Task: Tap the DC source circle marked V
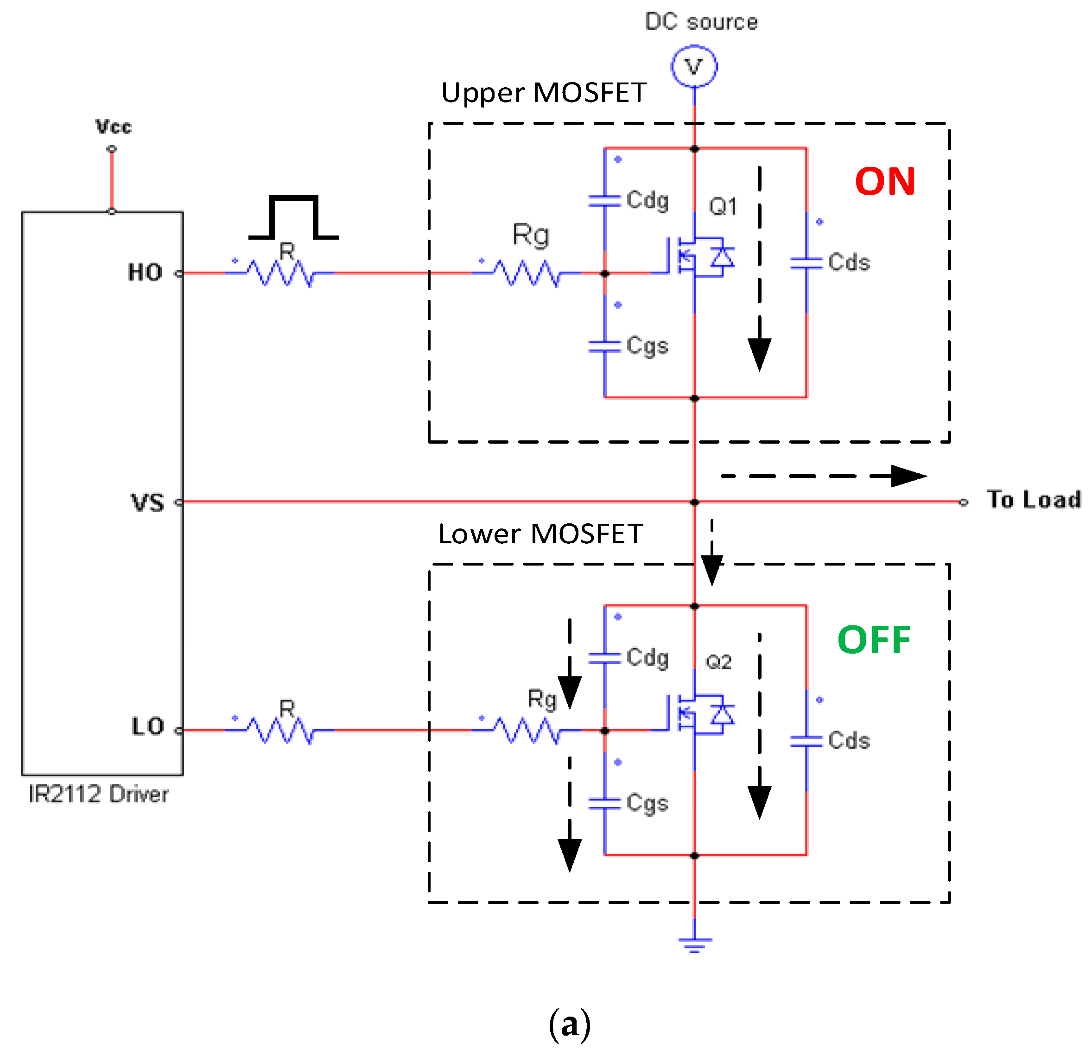point(694,67)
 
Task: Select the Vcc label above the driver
point(113,127)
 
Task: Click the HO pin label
point(145,273)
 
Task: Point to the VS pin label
point(148,502)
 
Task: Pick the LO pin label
point(148,726)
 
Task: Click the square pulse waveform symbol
point(293,217)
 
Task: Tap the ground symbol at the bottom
point(694,944)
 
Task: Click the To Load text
point(1034,499)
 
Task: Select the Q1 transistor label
point(723,207)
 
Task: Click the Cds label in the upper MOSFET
point(849,262)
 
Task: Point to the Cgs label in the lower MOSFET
point(647,803)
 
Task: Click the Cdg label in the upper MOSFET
point(647,200)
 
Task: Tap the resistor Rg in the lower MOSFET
point(527,730)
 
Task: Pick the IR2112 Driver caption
point(99,794)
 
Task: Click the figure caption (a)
point(569,1024)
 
